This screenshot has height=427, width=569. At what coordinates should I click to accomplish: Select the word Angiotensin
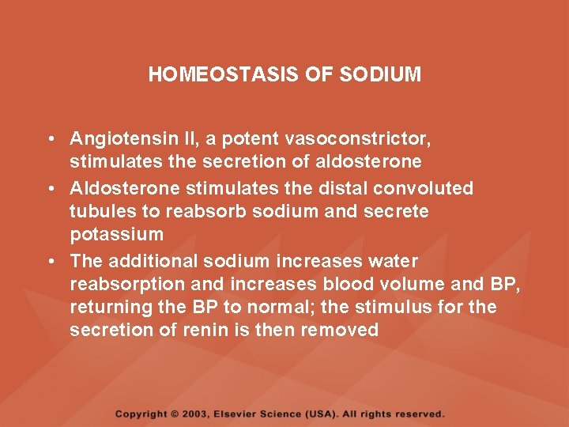coord(115,140)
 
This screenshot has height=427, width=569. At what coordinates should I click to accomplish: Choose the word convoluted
coord(424,188)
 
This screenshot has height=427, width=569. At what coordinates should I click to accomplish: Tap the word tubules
coord(98,212)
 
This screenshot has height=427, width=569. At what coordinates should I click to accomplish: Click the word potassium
coord(116,235)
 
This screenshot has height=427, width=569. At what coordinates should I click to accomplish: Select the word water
coord(395,261)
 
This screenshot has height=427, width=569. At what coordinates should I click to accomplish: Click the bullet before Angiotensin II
coord(50,140)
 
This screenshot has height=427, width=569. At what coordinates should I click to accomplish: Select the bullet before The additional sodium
coord(50,261)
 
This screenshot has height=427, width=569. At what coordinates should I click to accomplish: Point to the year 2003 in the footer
coord(201,414)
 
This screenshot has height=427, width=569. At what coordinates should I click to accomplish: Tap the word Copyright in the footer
coord(141,414)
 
